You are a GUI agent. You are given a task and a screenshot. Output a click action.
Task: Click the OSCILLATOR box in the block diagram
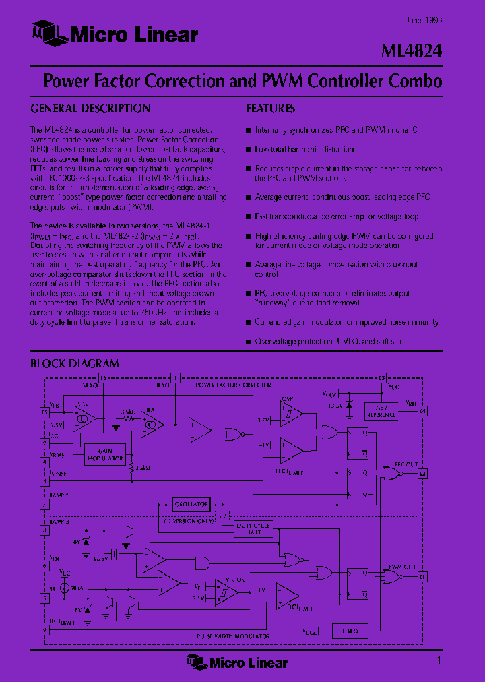coord(192,503)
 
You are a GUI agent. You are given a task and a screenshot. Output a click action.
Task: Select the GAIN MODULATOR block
coord(105,455)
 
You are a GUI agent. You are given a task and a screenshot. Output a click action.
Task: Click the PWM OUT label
coord(403,567)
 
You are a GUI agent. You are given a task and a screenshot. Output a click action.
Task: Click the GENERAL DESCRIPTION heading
coord(90,108)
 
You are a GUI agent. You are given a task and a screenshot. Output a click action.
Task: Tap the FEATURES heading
coord(270,108)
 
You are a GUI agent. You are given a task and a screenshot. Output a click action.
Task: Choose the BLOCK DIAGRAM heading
coord(74,363)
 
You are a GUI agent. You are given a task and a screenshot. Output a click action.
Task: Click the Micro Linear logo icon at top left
coord(48,33)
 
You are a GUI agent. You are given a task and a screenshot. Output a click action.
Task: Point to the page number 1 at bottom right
coord(439,661)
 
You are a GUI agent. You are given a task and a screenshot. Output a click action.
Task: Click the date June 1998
coord(424,20)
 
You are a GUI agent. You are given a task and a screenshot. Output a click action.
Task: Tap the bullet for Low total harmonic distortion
coord(248,149)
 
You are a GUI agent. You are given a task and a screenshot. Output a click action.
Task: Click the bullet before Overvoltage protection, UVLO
coord(248,342)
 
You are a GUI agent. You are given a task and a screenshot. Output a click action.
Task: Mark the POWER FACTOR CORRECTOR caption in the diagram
coord(233,385)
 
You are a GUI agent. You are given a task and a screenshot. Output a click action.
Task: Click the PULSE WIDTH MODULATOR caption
coord(233,636)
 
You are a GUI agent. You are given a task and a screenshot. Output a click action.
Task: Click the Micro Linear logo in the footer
coord(237,662)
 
